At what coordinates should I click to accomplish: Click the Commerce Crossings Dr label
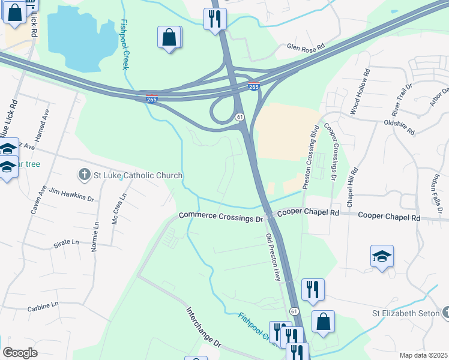(221, 217)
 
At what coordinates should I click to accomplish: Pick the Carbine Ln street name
(43, 304)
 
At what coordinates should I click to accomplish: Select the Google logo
(20, 352)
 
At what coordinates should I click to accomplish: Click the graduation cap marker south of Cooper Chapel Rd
(382, 257)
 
